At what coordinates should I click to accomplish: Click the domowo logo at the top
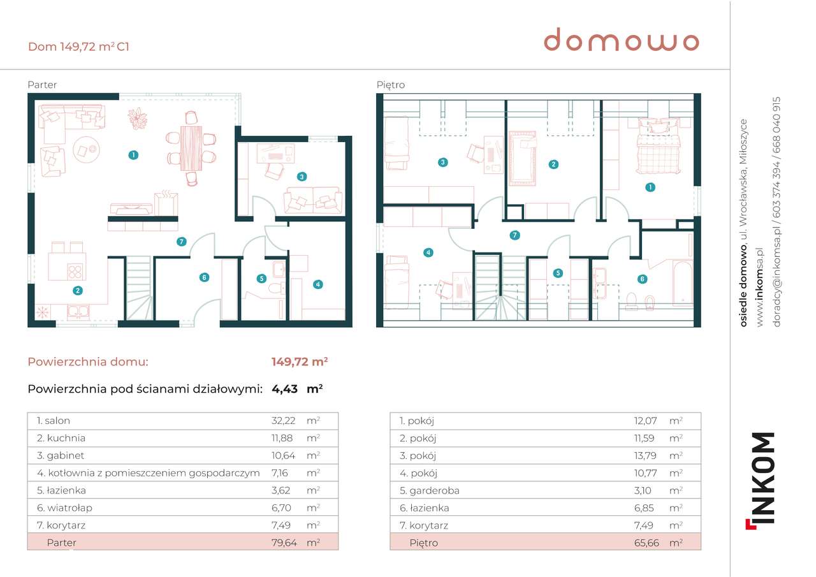click(621, 41)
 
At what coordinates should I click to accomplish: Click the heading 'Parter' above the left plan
click(42, 85)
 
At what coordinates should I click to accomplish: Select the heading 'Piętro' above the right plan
click(390, 85)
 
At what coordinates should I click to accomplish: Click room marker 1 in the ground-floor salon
click(133, 154)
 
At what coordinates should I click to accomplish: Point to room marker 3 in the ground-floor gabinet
click(302, 176)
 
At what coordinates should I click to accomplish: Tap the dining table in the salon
click(191, 148)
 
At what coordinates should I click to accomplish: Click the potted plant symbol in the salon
click(137, 118)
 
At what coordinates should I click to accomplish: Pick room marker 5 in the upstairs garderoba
click(558, 273)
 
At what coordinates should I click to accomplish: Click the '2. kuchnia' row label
click(61, 438)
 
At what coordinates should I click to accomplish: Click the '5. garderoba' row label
click(429, 490)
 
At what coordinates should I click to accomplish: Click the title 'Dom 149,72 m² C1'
click(79, 47)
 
